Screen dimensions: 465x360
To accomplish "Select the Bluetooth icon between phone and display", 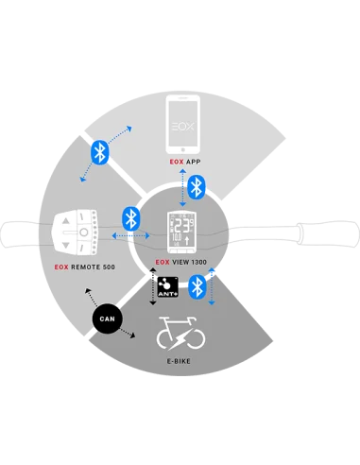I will [196, 186].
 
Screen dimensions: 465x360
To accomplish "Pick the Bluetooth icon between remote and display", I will [132, 219].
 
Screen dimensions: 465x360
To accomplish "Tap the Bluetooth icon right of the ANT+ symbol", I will [197, 286].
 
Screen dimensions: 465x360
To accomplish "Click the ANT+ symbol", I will [167, 285].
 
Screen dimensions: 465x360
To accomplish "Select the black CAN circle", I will [107, 319].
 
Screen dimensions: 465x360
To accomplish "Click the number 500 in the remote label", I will [107, 267].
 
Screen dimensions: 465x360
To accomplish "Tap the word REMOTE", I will [80, 267].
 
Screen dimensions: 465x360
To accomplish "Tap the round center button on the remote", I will [84, 232].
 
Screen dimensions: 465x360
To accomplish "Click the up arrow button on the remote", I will [84, 219].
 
